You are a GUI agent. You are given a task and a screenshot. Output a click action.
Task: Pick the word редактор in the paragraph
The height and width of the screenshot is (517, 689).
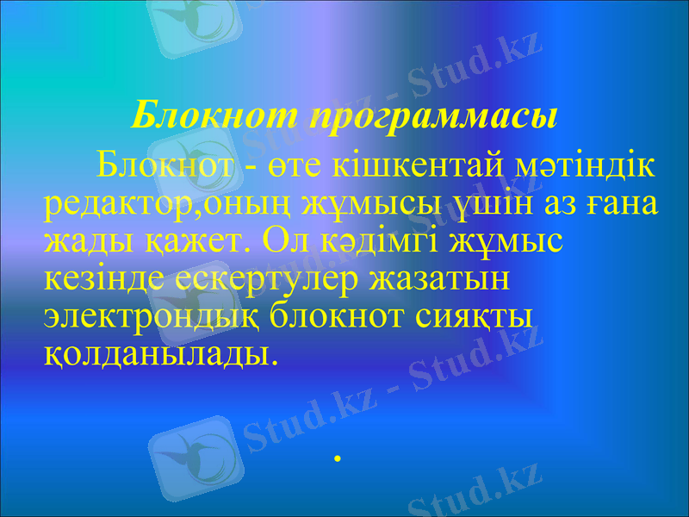click(113, 203)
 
